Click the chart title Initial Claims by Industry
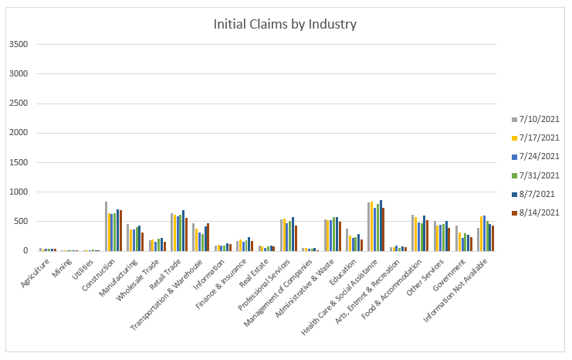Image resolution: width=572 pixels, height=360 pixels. point(285,24)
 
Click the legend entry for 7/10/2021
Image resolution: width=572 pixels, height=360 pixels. point(540,119)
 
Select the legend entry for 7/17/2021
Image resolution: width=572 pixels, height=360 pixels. point(540,138)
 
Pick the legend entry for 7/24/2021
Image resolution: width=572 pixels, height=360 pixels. point(540,156)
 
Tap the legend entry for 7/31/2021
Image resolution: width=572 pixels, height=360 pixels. point(540,175)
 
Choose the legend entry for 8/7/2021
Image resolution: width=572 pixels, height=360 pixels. point(540,194)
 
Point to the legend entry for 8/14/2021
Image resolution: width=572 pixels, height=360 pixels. point(540,212)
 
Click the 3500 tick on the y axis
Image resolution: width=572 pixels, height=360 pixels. point(19,45)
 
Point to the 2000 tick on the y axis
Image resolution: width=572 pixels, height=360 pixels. point(19,133)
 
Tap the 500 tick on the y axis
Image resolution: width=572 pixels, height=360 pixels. point(21,222)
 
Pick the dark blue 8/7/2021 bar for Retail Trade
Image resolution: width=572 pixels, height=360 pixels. point(184,231)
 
